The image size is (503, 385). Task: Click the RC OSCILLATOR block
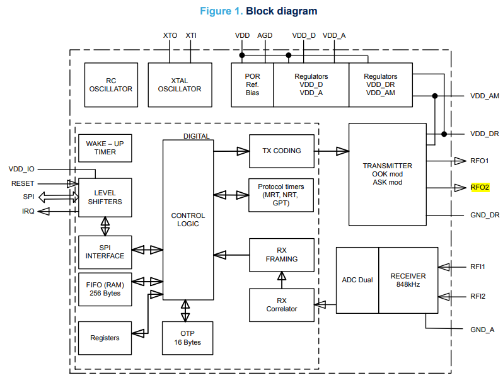tap(111, 85)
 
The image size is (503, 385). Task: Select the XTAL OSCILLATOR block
tap(180, 85)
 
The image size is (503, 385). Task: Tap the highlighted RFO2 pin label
tap(480, 187)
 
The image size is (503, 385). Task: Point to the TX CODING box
tap(282, 151)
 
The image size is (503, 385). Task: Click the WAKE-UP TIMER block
tap(105, 148)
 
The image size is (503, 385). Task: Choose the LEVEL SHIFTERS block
tap(105, 197)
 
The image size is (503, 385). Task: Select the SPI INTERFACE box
tap(105, 251)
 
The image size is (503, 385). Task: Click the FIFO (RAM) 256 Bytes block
tap(105, 289)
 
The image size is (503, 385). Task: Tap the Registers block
tap(105, 338)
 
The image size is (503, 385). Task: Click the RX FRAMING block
tap(282, 255)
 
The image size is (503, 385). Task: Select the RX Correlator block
tap(282, 305)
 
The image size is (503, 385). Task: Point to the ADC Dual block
tap(357, 280)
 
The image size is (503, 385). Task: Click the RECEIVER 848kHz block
tap(408, 280)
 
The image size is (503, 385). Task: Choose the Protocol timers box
tap(282, 195)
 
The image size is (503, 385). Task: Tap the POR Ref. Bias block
tap(252, 85)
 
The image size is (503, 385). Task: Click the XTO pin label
tap(170, 36)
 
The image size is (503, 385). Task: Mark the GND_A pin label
tap(482, 330)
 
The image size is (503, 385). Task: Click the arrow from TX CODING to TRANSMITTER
tap(332, 151)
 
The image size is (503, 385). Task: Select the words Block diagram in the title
tap(281, 11)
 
